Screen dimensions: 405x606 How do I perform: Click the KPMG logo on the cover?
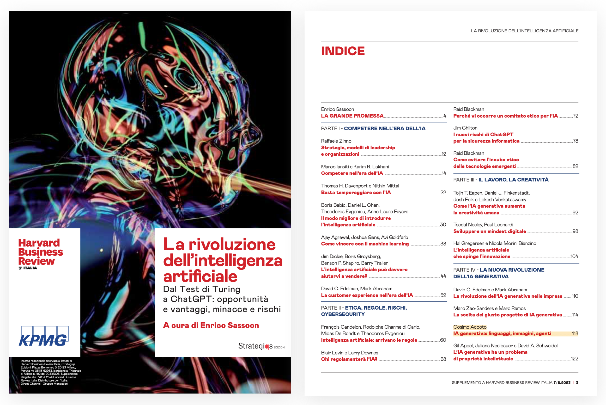tap(44, 336)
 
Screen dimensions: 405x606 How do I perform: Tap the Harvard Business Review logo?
tap(40, 252)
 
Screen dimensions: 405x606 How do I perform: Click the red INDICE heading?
tap(343, 51)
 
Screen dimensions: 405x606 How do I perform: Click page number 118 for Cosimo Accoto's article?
tap(575, 334)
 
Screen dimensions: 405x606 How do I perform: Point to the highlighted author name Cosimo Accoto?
tap(470, 327)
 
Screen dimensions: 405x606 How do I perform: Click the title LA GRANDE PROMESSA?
tap(352, 116)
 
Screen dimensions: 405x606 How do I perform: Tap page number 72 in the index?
tap(575, 116)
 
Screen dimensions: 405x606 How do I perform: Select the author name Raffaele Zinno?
tap(336, 141)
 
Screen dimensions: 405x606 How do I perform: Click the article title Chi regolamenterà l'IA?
tap(349, 359)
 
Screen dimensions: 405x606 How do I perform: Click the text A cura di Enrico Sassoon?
tap(211, 325)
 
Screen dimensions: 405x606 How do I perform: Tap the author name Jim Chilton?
tap(465, 128)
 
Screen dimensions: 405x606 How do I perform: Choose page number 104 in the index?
tap(574, 256)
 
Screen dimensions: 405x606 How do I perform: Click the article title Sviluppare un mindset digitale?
tap(489, 231)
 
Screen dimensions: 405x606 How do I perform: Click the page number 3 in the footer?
tap(577, 383)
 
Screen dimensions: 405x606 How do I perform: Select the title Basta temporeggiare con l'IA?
tap(356, 193)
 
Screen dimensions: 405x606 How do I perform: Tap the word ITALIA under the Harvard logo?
tap(30, 268)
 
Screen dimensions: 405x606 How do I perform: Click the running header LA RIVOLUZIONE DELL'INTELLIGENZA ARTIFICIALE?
tap(524, 31)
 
